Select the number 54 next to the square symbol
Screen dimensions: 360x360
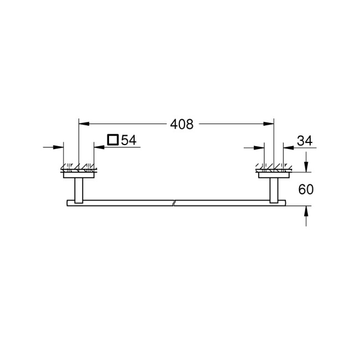pos(128,140)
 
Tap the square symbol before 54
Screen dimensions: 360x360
pos(112,140)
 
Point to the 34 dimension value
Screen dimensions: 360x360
pos(305,141)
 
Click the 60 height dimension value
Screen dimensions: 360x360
pos(306,189)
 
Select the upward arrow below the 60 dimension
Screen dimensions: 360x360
pos(306,212)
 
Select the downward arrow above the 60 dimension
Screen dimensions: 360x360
pos(306,166)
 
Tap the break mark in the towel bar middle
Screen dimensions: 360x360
pos(174,202)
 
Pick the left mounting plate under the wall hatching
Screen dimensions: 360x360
pos(79,176)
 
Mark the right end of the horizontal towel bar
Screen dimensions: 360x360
pos(284,202)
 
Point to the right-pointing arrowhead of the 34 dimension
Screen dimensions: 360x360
pos(260,147)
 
